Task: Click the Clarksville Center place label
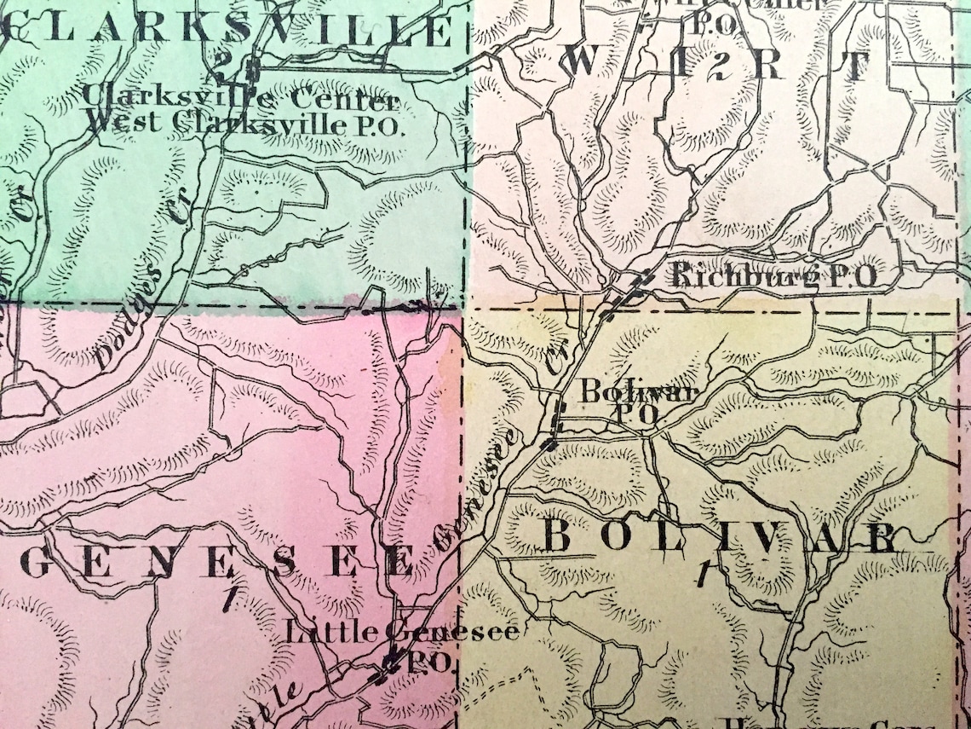240,98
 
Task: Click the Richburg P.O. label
773,275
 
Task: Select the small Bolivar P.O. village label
639,401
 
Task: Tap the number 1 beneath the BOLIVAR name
702,574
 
